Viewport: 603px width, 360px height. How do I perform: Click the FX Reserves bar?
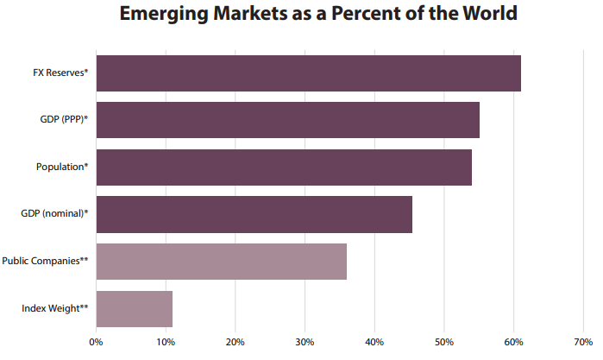(308, 73)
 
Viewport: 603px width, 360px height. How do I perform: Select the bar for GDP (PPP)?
(287, 120)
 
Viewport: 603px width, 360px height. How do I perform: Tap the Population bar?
(284, 167)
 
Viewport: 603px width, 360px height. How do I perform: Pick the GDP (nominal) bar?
(254, 214)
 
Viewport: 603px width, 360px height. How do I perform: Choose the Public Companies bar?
(221, 262)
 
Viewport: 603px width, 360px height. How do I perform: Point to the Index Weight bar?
(134, 308)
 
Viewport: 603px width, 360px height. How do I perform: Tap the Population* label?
(62, 167)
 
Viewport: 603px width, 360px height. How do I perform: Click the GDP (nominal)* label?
(54, 214)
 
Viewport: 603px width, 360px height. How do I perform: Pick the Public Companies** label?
(46, 262)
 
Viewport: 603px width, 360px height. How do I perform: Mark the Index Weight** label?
(54, 308)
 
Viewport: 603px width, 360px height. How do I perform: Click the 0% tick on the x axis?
(97, 343)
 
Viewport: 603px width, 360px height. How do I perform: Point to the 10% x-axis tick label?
(166, 343)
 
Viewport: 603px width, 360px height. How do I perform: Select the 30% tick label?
(305, 343)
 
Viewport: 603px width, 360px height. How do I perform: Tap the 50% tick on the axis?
(443, 343)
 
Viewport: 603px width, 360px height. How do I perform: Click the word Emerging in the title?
(161, 15)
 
